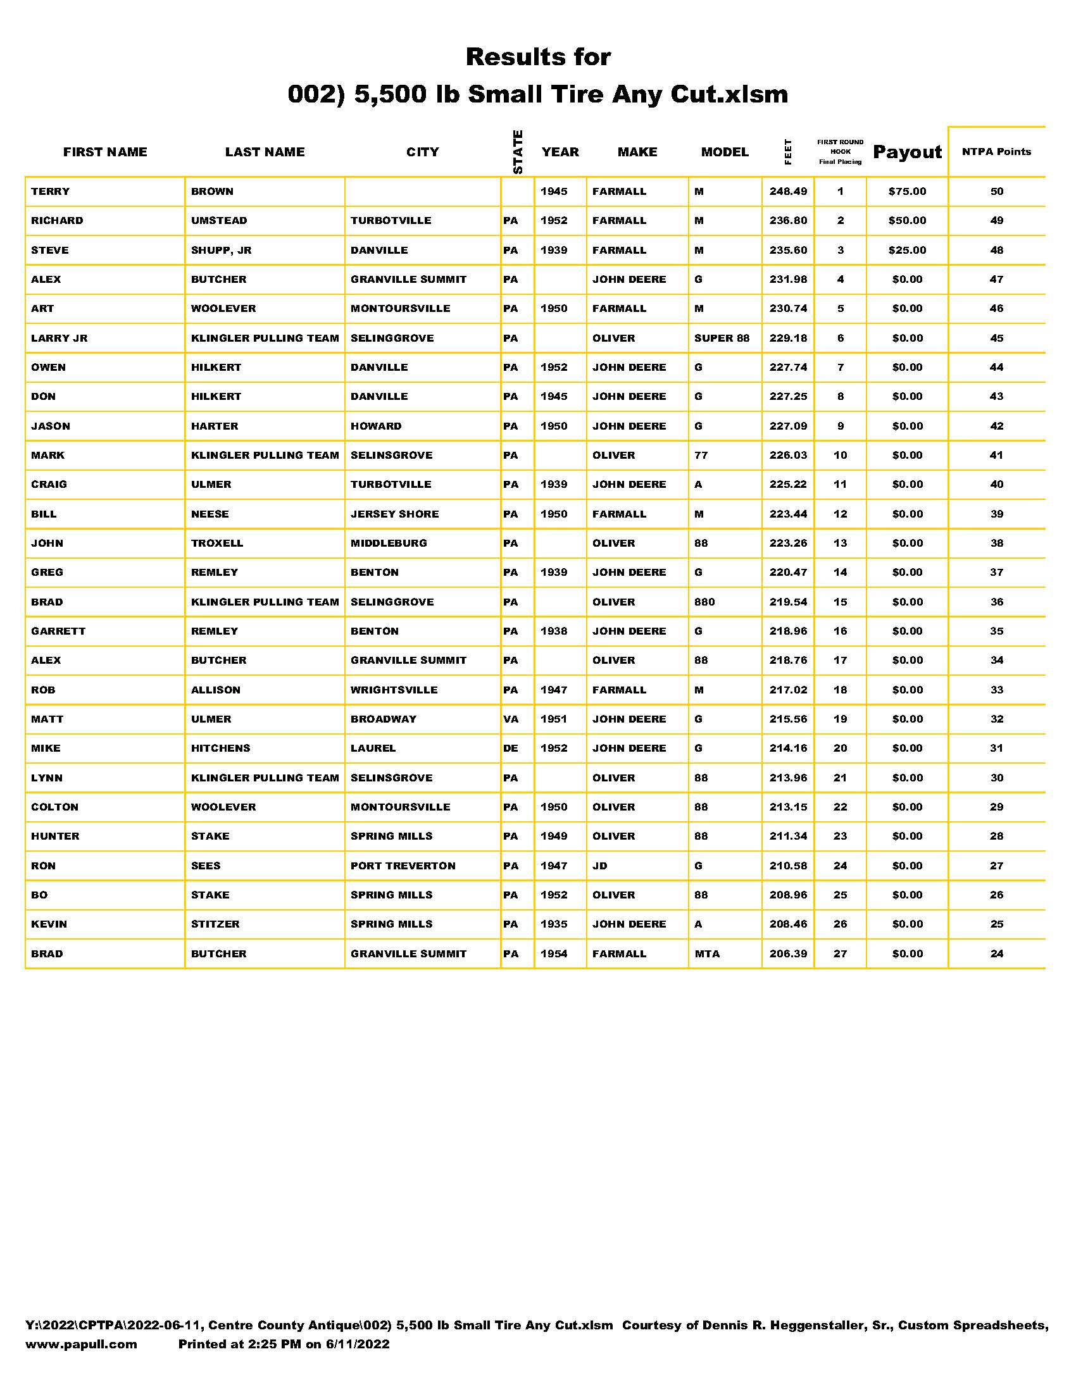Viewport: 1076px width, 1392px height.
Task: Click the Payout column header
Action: pyautogui.click(x=906, y=152)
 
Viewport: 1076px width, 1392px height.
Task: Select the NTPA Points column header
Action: pyautogui.click(x=996, y=152)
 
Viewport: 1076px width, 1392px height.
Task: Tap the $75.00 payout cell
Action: pyautogui.click(x=906, y=191)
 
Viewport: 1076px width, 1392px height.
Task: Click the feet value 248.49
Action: pyautogui.click(x=788, y=191)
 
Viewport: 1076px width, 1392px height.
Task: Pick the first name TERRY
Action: pyautogui.click(x=51, y=191)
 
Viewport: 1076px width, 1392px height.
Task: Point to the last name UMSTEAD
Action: pyautogui.click(x=219, y=221)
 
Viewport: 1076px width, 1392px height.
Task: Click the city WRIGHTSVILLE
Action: pyautogui.click(x=394, y=690)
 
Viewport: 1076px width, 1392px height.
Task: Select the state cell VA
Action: pyautogui.click(x=511, y=719)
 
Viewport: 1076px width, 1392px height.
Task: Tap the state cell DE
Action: pyautogui.click(x=511, y=749)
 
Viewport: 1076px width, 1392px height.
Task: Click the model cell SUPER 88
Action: pyautogui.click(x=722, y=338)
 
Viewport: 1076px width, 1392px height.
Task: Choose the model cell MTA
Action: pyautogui.click(x=707, y=954)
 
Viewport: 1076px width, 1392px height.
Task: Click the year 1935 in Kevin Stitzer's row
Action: pyautogui.click(x=553, y=924)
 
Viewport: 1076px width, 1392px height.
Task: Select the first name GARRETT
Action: pyautogui.click(x=58, y=631)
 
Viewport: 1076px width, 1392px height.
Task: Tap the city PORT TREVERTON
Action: pyautogui.click(x=403, y=866)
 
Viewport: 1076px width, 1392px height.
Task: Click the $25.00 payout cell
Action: pyautogui.click(x=906, y=250)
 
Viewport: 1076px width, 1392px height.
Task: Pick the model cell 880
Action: pyautogui.click(x=704, y=602)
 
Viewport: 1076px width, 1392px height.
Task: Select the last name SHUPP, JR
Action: pyautogui.click(x=221, y=250)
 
